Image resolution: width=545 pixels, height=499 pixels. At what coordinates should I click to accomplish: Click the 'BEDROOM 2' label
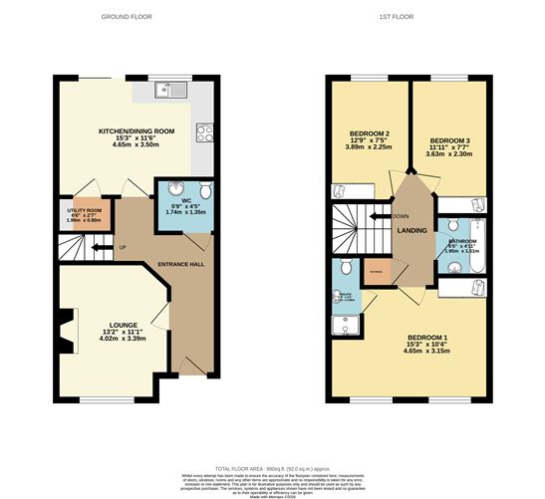pos(367,133)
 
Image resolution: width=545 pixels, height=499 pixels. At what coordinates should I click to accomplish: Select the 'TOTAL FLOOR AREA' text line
pos(271,467)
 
